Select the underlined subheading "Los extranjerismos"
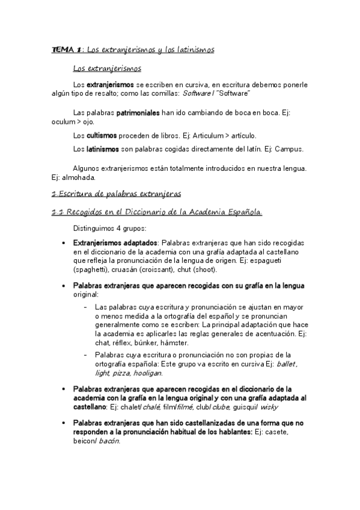[106, 69]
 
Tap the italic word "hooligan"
[162, 373]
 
